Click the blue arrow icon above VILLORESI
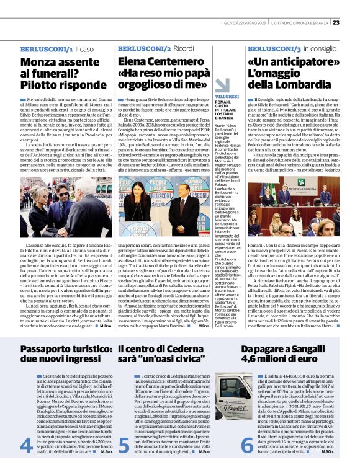click(222, 85)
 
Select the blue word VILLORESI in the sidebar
click(224, 97)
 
